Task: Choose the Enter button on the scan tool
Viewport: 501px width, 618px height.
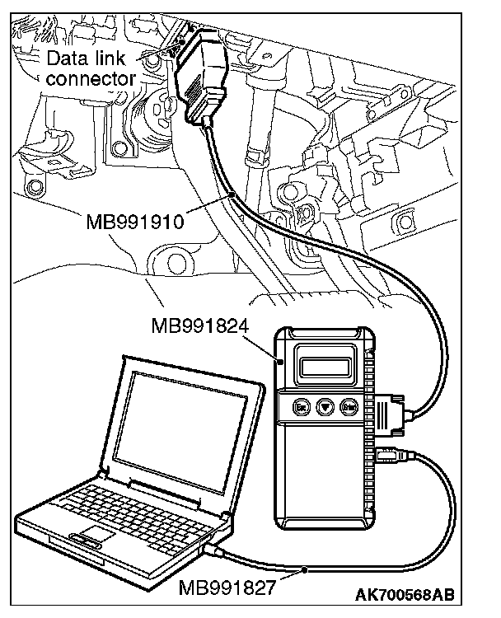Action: pyautogui.click(x=349, y=406)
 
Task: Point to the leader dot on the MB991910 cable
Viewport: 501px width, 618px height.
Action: pyautogui.click(x=236, y=193)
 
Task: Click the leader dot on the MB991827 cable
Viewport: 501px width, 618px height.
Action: pyautogui.click(x=305, y=569)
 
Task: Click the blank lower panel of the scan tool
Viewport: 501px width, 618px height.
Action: pyautogui.click(x=325, y=478)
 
